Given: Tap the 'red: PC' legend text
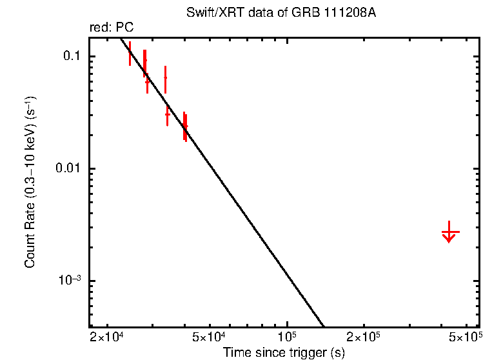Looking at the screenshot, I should click(112, 28).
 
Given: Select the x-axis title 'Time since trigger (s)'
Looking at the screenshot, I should click(284, 352).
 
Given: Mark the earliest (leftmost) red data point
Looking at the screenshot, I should click(130, 54).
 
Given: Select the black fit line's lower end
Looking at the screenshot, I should click(322, 325).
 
